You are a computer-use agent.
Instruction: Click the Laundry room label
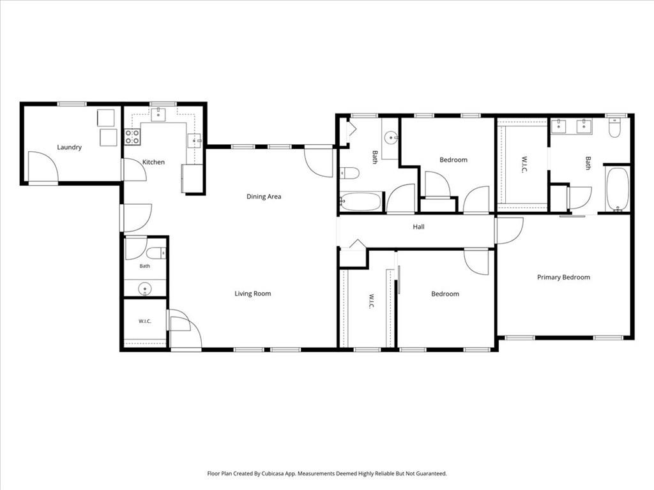[69, 147]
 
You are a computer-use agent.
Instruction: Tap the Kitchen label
[153, 162]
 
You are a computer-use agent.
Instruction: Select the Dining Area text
[264, 197]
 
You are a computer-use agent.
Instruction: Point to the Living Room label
[253, 293]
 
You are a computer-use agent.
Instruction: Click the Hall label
[419, 226]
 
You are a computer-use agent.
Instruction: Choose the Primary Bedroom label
[563, 278]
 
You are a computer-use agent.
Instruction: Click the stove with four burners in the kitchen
[133, 137]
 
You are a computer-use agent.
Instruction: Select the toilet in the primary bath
[614, 128]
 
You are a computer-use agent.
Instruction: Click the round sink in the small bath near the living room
[145, 288]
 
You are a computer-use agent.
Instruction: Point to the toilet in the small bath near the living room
[156, 253]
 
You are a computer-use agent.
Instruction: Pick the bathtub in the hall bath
[361, 201]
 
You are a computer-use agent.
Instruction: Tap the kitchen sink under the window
[158, 114]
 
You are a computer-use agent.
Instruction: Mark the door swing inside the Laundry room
[43, 167]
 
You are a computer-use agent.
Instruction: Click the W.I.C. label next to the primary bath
[524, 165]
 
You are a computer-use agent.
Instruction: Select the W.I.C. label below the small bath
[145, 322]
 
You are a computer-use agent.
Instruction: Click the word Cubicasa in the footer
[273, 474]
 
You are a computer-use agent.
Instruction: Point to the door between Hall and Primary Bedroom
[508, 231]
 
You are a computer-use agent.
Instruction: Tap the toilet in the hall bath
[349, 173]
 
